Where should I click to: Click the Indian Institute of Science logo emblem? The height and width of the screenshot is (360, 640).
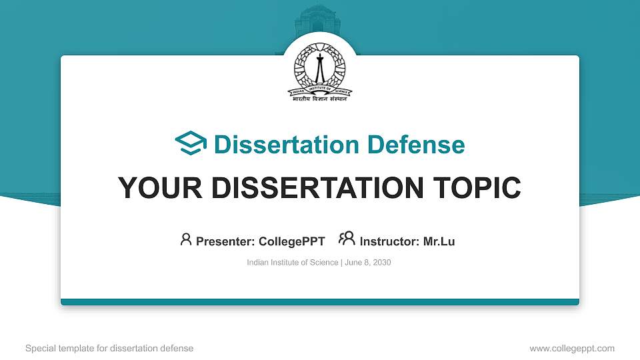click(x=321, y=69)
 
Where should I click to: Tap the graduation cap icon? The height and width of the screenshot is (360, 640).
click(x=191, y=144)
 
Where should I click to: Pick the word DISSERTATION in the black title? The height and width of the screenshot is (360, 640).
click(x=315, y=188)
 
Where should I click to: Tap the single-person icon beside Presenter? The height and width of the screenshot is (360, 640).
click(x=186, y=239)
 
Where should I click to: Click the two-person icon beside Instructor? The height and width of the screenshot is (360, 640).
click(x=347, y=239)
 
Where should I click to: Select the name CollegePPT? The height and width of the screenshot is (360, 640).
click(x=291, y=241)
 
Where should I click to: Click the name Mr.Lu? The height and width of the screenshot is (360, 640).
click(x=439, y=241)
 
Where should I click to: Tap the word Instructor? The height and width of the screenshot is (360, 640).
click(x=389, y=241)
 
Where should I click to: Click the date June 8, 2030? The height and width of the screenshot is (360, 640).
click(x=367, y=263)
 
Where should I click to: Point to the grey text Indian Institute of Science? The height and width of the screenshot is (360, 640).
click(x=293, y=263)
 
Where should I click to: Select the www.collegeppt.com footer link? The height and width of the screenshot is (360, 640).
click(x=572, y=348)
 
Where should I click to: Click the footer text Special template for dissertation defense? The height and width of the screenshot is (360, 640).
click(x=109, y=348)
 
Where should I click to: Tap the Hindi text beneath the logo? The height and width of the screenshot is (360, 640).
click(x=321, y=98)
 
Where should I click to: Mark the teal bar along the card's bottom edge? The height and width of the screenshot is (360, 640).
click(x=320, y=302)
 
